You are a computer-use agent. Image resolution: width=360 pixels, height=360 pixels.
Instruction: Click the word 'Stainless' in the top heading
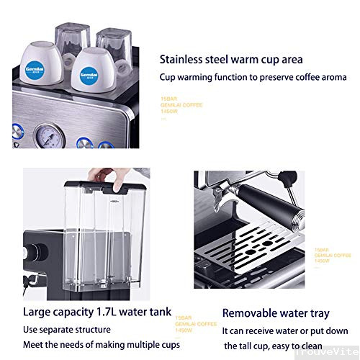[184, 59]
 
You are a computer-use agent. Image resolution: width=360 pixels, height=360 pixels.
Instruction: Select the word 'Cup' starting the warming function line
[168, 77]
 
